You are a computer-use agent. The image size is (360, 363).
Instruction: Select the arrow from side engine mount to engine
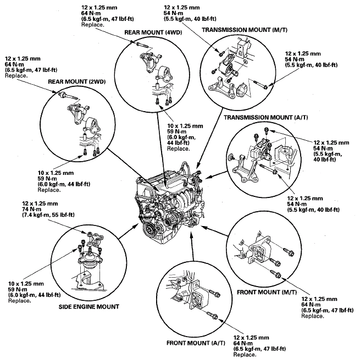(x=124, y=234)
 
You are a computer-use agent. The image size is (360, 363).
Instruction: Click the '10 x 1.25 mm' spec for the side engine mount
(x=27, y=284)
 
